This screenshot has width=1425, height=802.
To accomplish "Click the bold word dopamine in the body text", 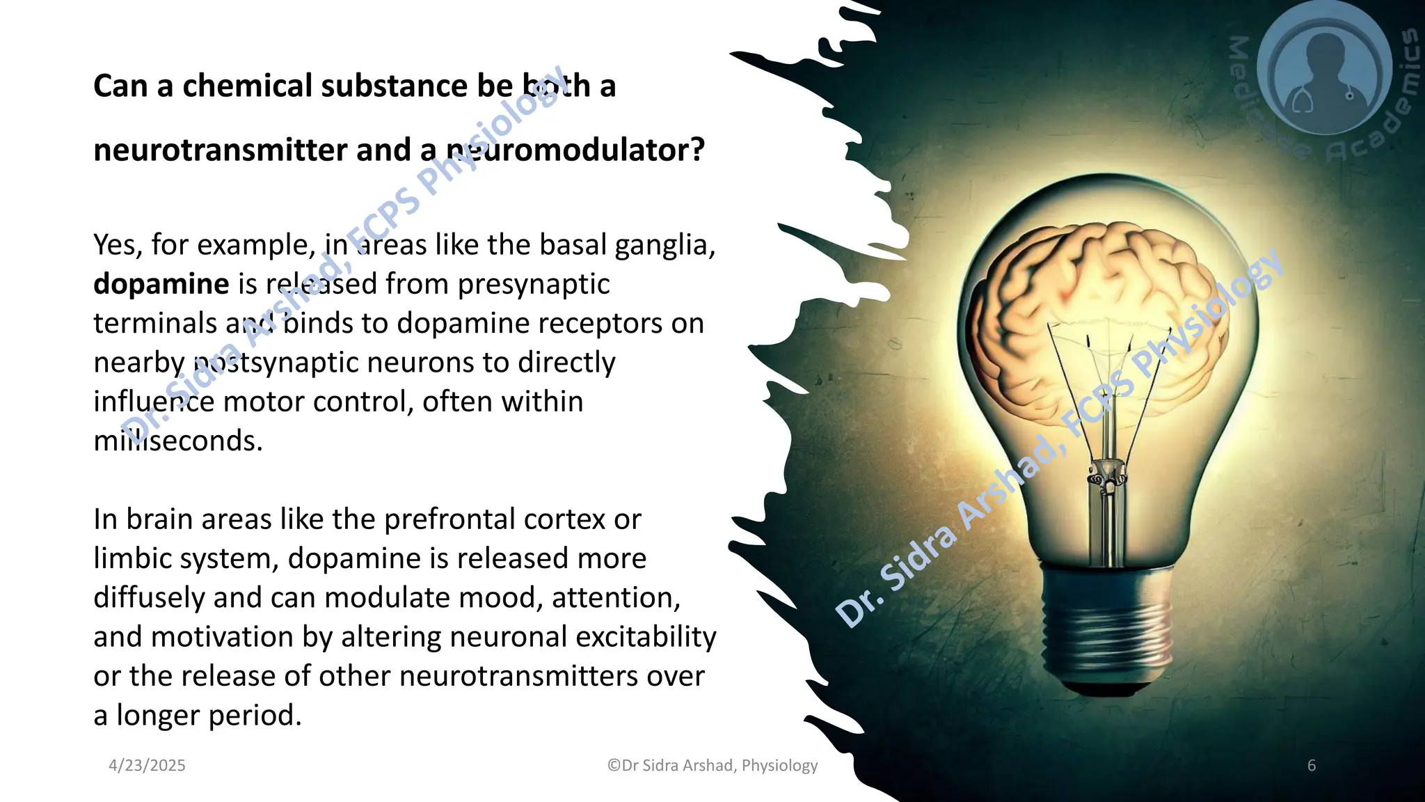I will pos(161,284).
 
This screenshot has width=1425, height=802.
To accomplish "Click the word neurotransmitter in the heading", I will pos(220,150).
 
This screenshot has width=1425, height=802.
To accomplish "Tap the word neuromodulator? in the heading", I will pos(575,150).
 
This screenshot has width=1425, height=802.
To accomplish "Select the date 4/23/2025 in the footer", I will pos(147,765).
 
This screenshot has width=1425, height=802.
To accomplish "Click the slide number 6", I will pos(1312,765).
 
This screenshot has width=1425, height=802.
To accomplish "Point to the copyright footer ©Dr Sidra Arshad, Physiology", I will pos(712,765).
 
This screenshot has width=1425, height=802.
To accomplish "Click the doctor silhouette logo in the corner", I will pos(1324,70).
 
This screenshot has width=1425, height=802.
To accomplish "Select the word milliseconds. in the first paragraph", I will pos(178,441).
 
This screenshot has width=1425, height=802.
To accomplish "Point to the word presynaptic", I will pos(534,284).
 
